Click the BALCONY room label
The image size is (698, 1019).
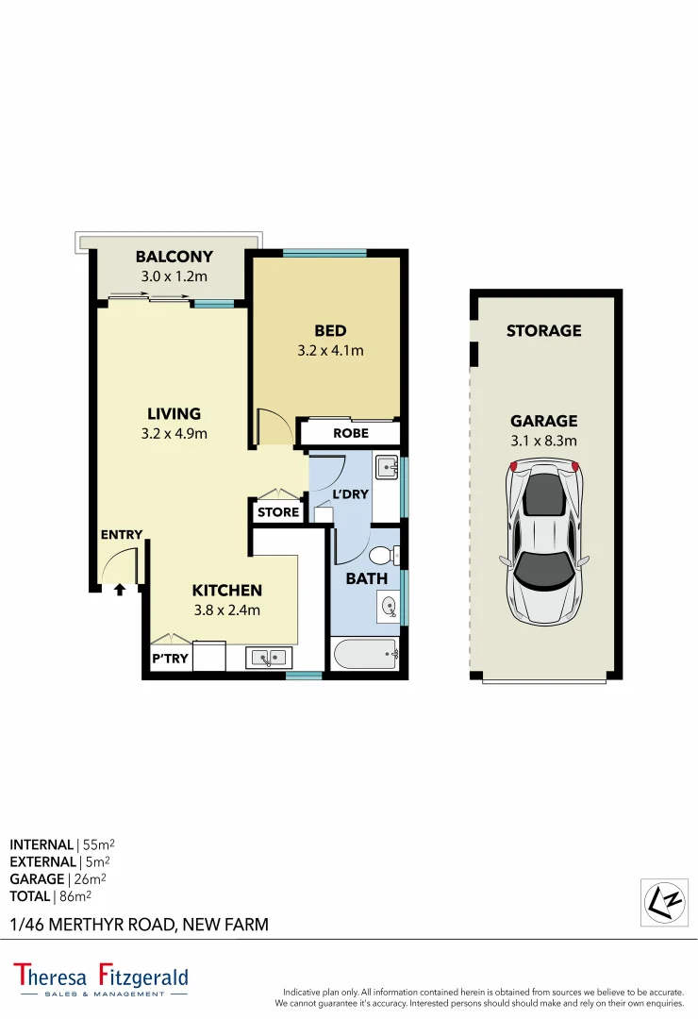[x=174, y=257]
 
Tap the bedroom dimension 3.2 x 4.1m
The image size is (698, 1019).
[x=330, y=350]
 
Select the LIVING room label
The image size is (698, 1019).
[x=174, y=413]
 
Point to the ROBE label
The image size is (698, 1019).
[x=351, y=433]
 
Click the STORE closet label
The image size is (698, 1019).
[x=278, y=512]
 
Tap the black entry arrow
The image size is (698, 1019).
[x=120, y=591]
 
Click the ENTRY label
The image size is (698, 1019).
[x=122, y=535]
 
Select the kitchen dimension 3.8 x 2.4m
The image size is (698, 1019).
[x=226, y=610]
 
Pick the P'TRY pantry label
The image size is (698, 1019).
[x=170, y=659]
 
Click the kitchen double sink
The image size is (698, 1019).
[x=270, y=657]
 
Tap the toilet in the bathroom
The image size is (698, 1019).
[x=384, y=555]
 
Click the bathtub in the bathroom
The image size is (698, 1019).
[x=365, y=653]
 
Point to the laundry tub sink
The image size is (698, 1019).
[x=386, y=465]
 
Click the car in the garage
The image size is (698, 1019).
[x=544, y=541]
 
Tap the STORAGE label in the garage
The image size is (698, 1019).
[x=543, y=330]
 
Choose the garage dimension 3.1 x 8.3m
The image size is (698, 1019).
[x=543, y=440]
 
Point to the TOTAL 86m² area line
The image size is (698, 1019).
[x=51, y=895]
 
